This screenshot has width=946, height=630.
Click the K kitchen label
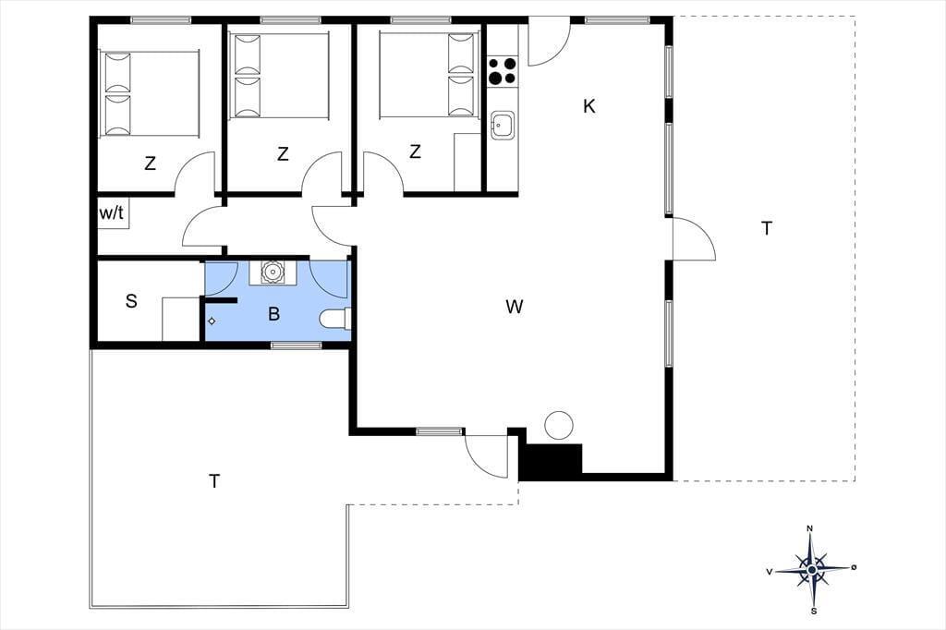pyautogui.click(x=589, y=106)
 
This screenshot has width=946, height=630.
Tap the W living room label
pyautogui.click(x=514, y=308)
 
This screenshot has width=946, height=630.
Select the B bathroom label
pyautogui.click(x=273, y=314)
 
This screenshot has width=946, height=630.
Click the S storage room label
pyautogui.click(x=131, y=300)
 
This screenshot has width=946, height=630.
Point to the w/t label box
pyautogui.click(x=113, y=213)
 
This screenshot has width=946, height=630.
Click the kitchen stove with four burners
pyautogui.click(x=502, y=70)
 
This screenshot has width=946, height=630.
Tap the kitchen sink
pyautogui.click(x=502, y=125)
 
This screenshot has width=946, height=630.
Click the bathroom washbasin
pyautogui.click(x=273, y=273)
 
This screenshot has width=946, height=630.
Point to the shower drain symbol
pyautogui.click(x=212, y=321)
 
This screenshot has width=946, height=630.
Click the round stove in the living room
pyautogui.click(x=558, y=425)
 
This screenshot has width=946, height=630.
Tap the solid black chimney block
pyautogui.click(x=551, y=462)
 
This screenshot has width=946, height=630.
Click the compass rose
pyautogui.click(x=812, y=570)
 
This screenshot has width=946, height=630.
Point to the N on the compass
pyautogui.click(x=809, y=528)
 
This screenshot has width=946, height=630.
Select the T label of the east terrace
pyautogui.click(x=767, y=229)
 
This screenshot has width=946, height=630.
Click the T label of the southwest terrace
pyautogui.click(x=214, y=481)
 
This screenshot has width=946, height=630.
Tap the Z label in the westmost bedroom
pyautogui.click(x=151, y=163)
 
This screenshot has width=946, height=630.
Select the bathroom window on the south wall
pyautogui.click(x=296, y=345)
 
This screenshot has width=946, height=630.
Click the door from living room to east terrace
pyautogui.click(x=694, y=239)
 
